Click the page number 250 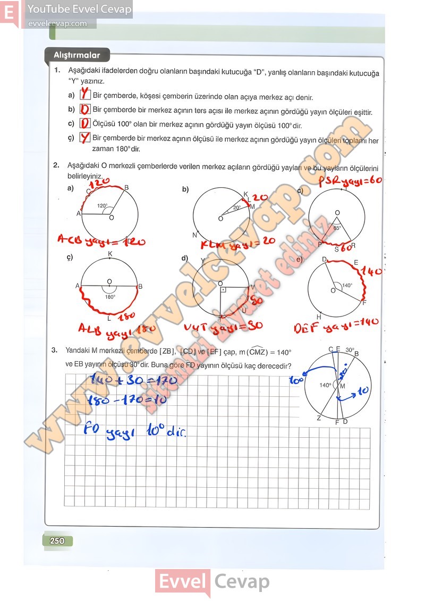click(x=57, y=541)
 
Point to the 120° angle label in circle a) click(x=102, y=206)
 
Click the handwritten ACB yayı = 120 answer click(x=101, y=242)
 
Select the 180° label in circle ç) click(x=110, y=297)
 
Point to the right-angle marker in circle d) click(x=224, y=291)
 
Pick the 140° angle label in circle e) click(x=347, y=286)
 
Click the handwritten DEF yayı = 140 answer click(x=337, y=323)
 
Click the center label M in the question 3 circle click(x=343, y=386)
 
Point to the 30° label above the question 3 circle click(x=349, y=350)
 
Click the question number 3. click(x=54, y=350)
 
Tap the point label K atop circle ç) click(x=110, y=254)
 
